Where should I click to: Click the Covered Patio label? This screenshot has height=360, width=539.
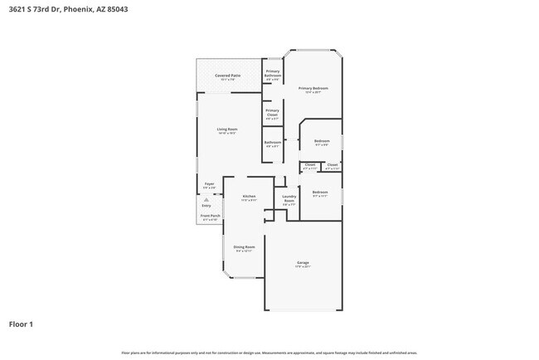(228, 76)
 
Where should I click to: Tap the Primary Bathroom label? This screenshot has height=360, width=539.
(272, 74)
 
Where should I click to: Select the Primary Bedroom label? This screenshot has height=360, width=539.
(313, 88)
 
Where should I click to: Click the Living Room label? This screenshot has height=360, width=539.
(227, 130)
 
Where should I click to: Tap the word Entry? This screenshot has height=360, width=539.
(206, 206)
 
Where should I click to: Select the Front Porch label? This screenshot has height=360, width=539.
(210, 216)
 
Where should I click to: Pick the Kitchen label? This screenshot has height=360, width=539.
(249, 197)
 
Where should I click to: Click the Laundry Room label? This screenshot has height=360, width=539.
(289, 199)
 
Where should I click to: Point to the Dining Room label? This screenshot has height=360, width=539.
(244, 247)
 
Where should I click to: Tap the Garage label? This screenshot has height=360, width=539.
(303, 264)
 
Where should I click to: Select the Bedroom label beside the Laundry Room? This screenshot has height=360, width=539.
(320, 193)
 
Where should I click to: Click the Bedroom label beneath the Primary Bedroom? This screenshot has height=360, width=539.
(322, 142)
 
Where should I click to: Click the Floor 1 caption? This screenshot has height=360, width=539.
(21, 324)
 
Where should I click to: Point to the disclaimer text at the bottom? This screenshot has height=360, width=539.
(269, 353)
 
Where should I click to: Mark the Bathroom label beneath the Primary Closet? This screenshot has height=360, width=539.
(272, 144)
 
